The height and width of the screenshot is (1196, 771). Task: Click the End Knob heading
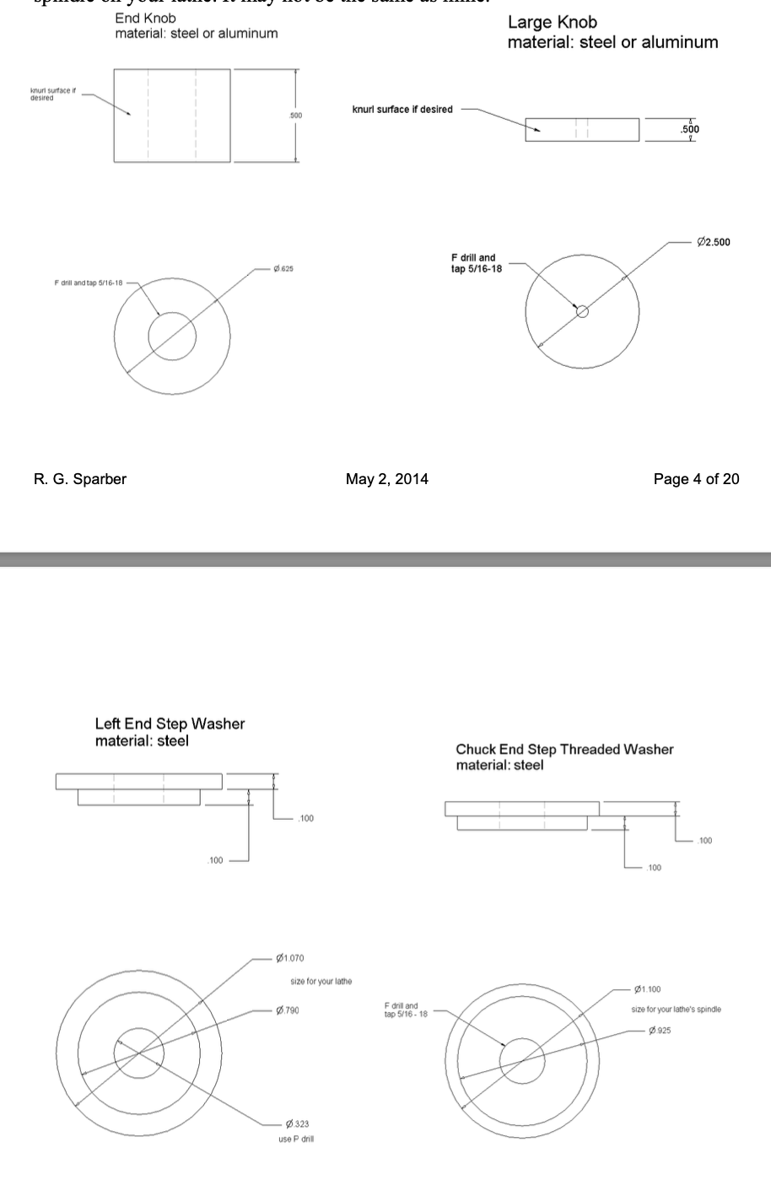(145, 18)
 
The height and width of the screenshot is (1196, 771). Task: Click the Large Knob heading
(552, 23)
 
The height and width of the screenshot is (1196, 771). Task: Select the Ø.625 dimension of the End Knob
(283, 269)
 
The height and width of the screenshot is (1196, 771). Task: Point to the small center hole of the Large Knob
(582, 311)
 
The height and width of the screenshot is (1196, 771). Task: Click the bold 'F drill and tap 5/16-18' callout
(476, 263)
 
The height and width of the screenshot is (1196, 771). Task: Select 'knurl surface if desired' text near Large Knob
(402, 110)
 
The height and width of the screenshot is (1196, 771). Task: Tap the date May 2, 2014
(386, 479)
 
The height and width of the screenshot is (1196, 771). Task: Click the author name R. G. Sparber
(80, 479)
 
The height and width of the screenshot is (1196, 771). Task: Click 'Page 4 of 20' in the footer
(696, 479)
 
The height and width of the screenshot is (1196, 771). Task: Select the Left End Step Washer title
(170, 724)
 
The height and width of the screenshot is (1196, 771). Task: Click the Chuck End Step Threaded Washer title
(564, 749)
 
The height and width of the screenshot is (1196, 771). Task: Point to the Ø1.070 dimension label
(290, 958)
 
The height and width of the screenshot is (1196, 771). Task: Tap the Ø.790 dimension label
(288, 1010)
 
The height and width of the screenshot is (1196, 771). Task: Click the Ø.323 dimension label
(297, 1124)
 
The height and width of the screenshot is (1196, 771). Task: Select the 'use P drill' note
(296, 1139)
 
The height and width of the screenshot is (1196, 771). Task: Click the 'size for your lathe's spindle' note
(676, 1010)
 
